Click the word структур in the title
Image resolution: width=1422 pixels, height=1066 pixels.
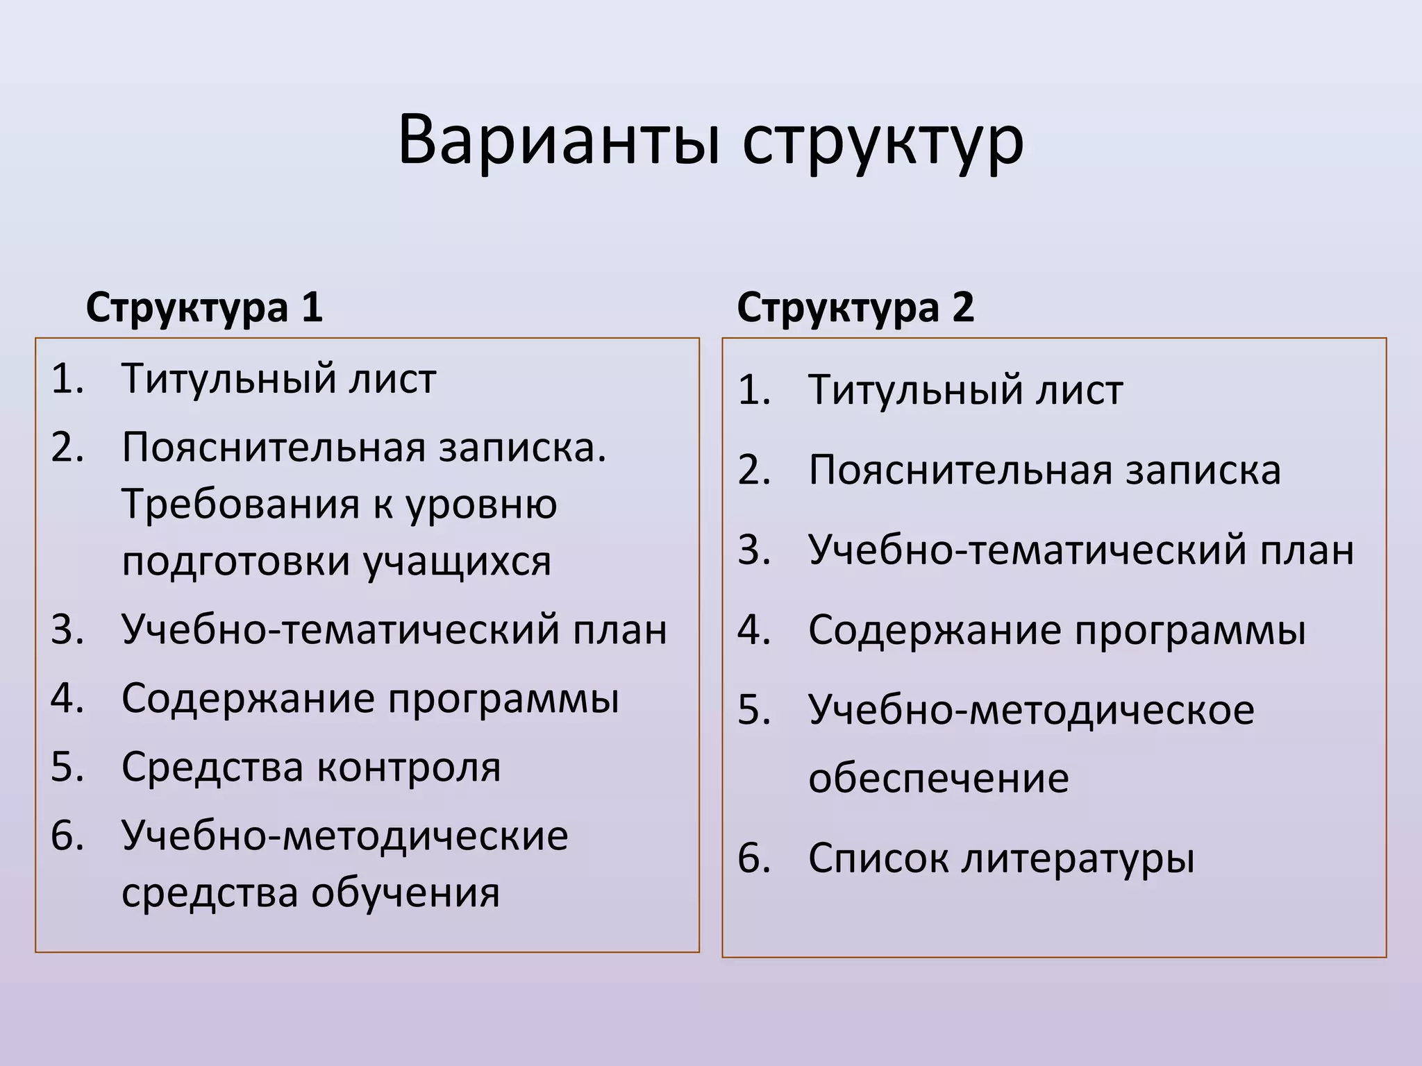click(x=883, y=144)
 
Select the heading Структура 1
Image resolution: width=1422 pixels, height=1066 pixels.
click(x=204, y=307)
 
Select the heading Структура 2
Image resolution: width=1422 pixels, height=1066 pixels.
click(x=855, y=307)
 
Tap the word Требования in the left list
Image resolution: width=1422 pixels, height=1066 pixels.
click(x=240, y=505)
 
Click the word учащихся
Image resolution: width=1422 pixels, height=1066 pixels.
click(x=458, y=562)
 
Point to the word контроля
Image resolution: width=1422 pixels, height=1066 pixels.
click(x=408, y=768)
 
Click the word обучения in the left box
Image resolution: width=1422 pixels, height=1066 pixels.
click(x=405, y=893)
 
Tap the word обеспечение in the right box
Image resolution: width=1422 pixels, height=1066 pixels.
click(x=938, y=779)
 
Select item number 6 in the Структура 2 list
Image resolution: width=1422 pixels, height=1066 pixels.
click(x=754, y=858)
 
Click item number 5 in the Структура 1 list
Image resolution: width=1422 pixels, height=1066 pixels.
click(x=67, y=768)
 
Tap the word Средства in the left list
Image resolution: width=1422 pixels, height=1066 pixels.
click(x=212, y=768)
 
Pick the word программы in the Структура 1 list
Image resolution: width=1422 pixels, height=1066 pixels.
click(x=503, y=700)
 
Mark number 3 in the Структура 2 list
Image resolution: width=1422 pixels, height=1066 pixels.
click(x=754, y=550)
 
